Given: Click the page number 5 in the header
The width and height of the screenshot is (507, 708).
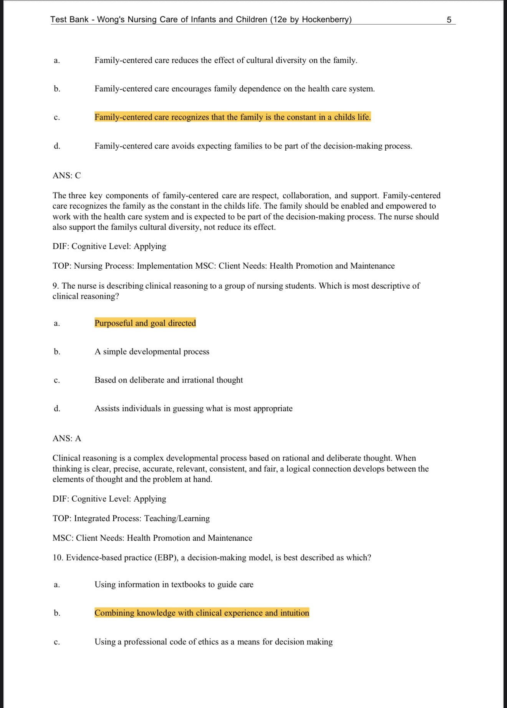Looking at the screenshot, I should (x=449, y=20).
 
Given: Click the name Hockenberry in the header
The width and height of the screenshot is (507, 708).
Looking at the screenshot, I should (x=325, y=20).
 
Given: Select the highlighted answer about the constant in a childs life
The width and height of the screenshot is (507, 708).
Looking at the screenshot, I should (x=233, y=117).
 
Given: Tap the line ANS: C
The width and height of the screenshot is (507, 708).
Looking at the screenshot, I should (x=67, y=176).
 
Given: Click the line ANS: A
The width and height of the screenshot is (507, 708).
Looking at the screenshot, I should (x=67, y=439).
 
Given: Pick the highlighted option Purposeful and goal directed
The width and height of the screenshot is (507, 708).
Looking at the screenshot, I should (x=145, y=323).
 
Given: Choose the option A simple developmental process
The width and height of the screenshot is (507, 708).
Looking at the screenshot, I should (x=152, y=352).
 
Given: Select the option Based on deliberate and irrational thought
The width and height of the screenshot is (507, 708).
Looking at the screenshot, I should (x=169, y=380).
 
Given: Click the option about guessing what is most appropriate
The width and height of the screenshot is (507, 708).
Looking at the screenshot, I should (x=194, y=409).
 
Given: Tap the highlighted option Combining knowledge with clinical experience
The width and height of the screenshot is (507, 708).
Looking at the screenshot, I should (x=202, y=613).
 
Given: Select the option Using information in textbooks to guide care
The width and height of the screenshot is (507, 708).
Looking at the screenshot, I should (x=174, y=585).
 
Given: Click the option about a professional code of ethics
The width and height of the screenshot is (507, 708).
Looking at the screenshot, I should (x=214, y=642).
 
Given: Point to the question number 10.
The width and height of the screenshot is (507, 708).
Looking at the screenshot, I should (x=58, y=558).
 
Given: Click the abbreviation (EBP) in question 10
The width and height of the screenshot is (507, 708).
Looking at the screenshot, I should (x=166, y=558).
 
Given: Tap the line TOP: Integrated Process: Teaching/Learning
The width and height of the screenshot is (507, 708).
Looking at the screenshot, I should (x=131, y=519).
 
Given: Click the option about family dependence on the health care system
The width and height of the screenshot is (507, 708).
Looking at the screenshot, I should (x=235, y=89).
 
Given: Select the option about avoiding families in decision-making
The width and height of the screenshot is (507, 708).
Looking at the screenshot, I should (x=253, y=146).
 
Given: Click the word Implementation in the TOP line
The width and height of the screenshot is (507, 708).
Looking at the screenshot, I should (x=165, y=266).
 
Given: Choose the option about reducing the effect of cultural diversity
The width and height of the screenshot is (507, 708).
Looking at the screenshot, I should (x=226, y=60).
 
